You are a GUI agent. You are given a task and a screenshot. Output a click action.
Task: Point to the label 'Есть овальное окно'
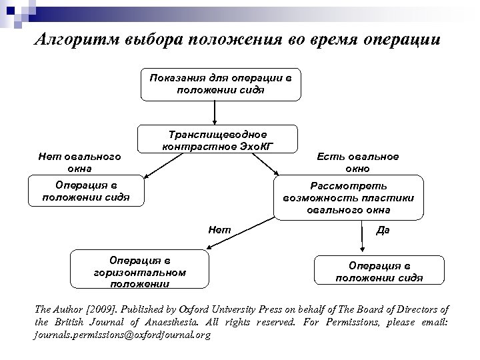368,161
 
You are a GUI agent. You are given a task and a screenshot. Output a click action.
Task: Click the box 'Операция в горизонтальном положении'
140,269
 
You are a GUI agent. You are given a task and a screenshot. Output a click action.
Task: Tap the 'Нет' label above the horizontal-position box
220,230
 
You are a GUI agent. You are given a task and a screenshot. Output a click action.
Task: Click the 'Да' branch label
382,230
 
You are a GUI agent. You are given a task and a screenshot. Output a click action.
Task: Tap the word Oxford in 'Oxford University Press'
201,309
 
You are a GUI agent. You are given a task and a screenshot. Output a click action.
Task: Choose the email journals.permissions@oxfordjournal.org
122,335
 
